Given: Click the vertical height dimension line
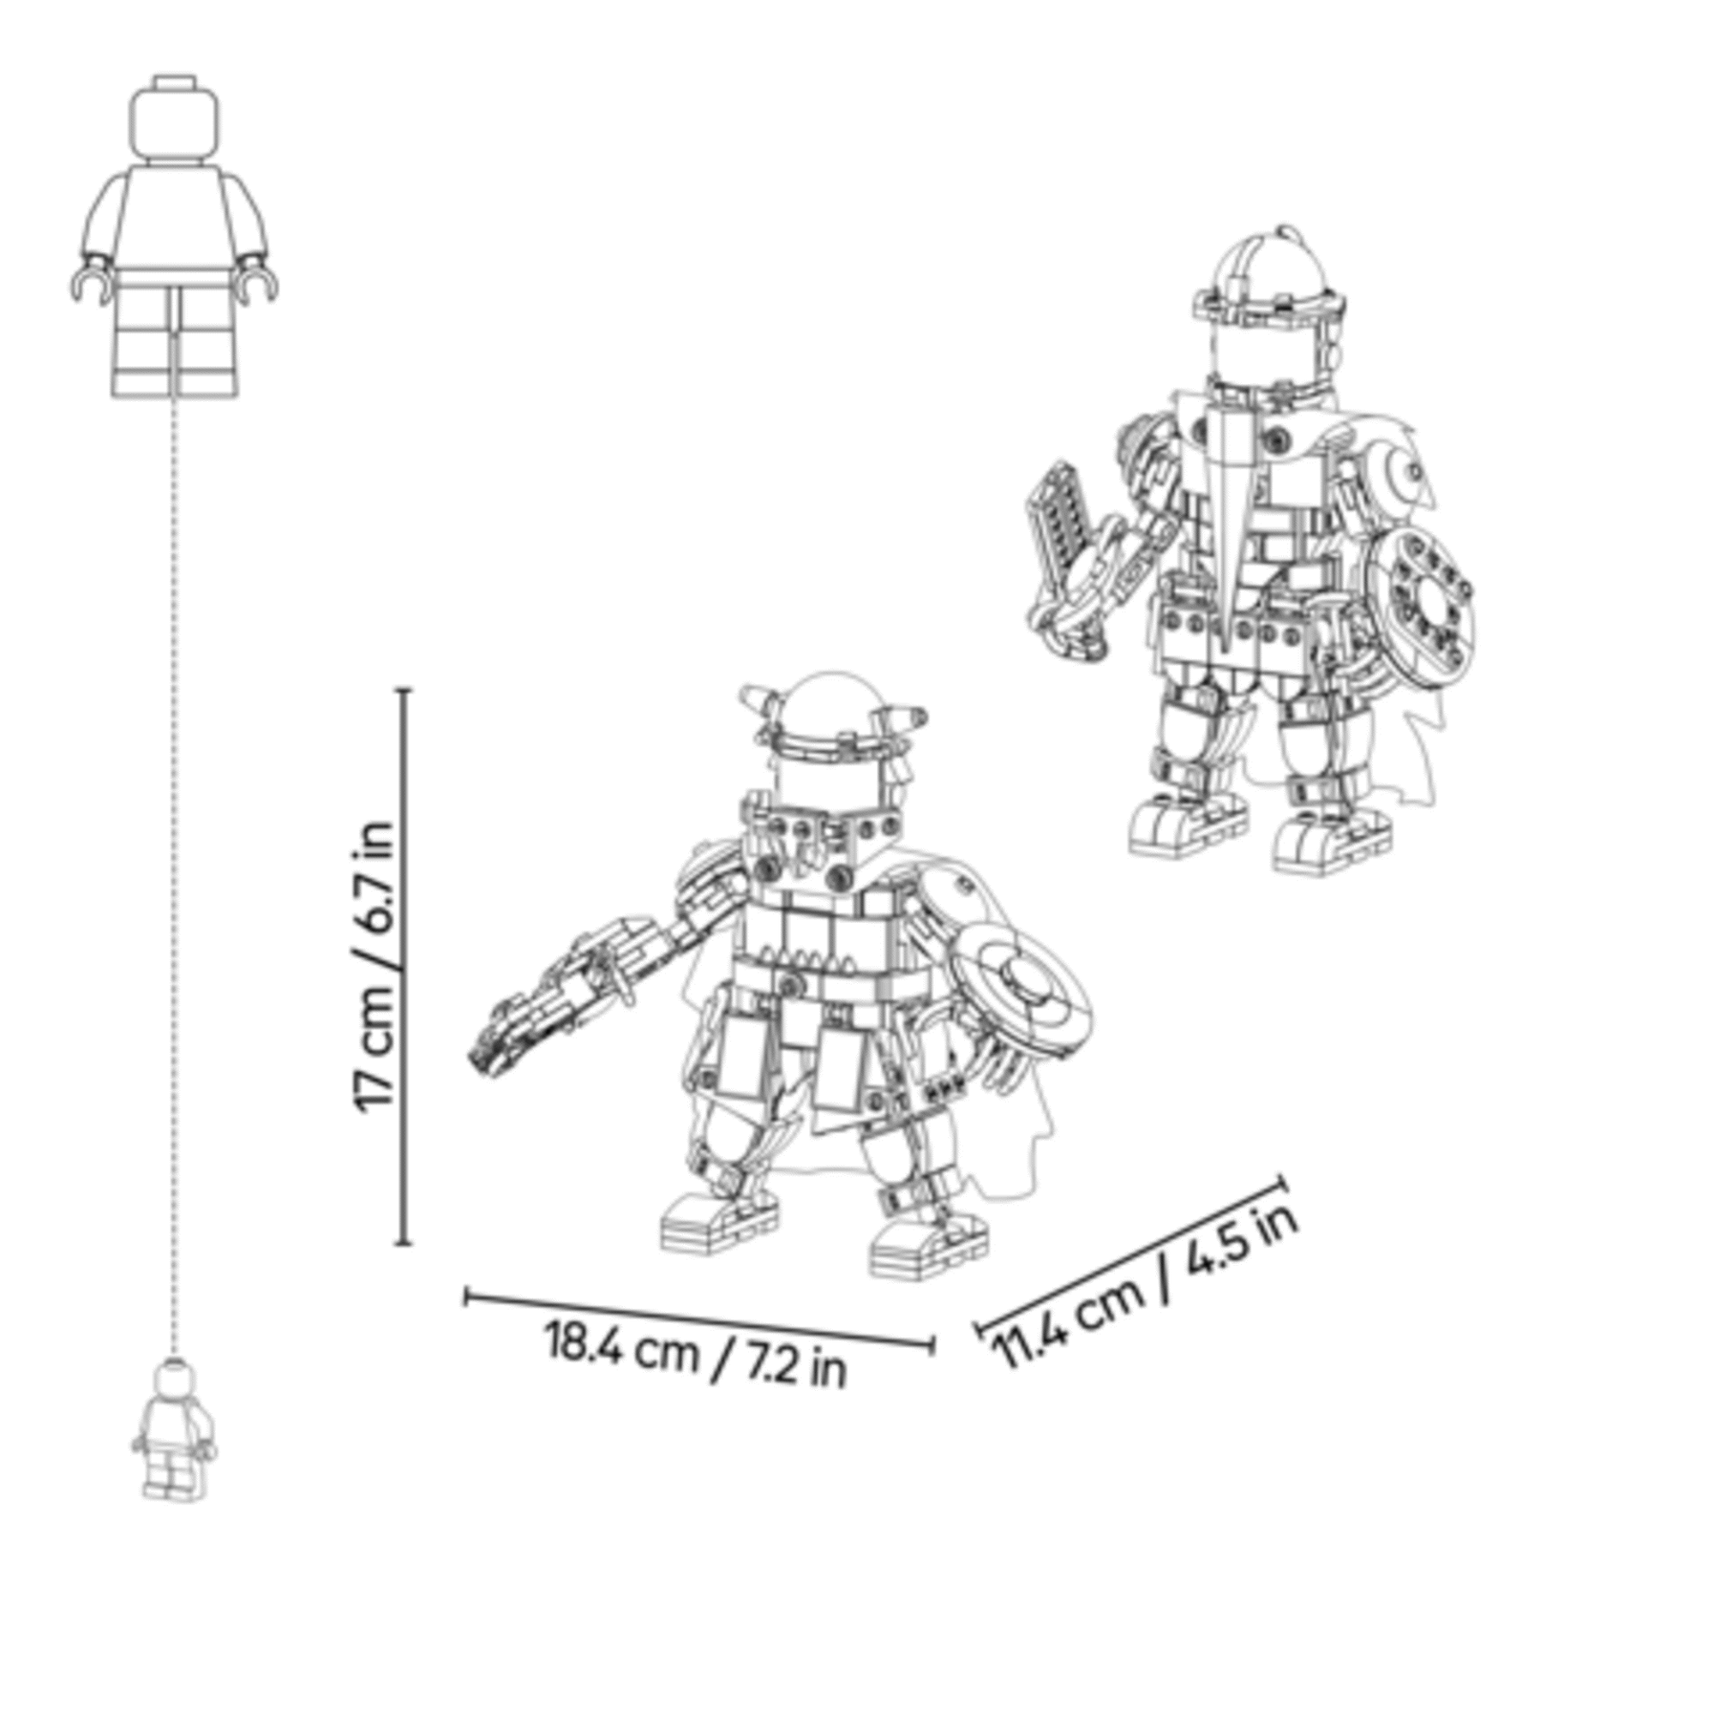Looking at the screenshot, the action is coord(404,966).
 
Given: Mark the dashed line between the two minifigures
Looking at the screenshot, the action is coord(174,878).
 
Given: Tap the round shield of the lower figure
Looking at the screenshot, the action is coord(1020,989).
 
